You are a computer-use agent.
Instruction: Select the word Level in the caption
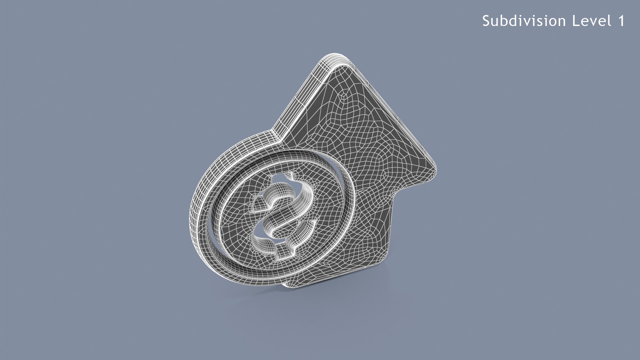[x=592, y=21]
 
